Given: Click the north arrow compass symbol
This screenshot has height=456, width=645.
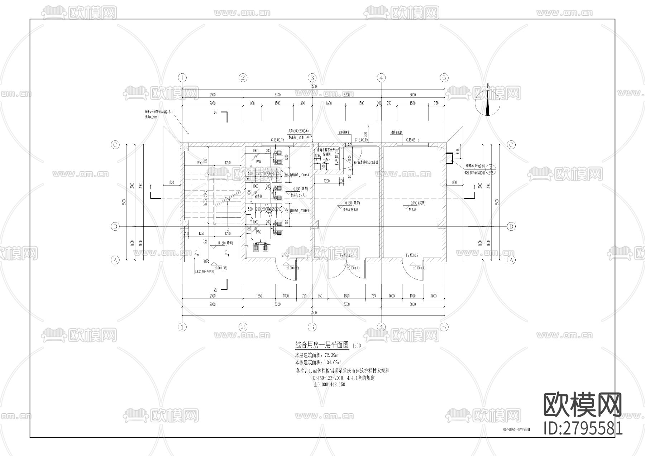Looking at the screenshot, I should pyautogui.click(x=487, y=104).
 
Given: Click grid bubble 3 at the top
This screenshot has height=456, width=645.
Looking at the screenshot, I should pyautogui.click(x=312, y=78).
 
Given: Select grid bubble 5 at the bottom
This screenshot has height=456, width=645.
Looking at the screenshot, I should pyautogui.click(x=444, y=327).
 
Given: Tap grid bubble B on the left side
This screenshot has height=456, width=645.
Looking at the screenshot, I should pyautogui.click(x=115, y=226).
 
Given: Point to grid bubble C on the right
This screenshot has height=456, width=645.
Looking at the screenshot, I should pyautogui.click(x=511, y=145).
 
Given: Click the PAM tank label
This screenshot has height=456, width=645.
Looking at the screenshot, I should pyautogui.click(x=258, y=162).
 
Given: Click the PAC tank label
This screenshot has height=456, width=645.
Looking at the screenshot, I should pyautogui.click(x=258, y=232).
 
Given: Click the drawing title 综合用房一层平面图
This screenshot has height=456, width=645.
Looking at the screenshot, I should pyautogui.click(x=321, y=345).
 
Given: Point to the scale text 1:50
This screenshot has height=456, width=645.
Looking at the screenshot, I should pyautogui.click(x=357, y=346).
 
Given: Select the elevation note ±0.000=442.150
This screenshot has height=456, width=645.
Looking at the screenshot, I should pyautogui.click(x=329, y=385).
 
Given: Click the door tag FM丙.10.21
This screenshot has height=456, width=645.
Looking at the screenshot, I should pyautogui.click(x=412, y=255).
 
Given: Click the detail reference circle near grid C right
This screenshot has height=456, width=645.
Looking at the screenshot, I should pyautogui.click(x=492, y=169).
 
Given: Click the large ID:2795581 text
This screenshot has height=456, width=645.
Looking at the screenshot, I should pyautogui.click(x=583, y=428).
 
